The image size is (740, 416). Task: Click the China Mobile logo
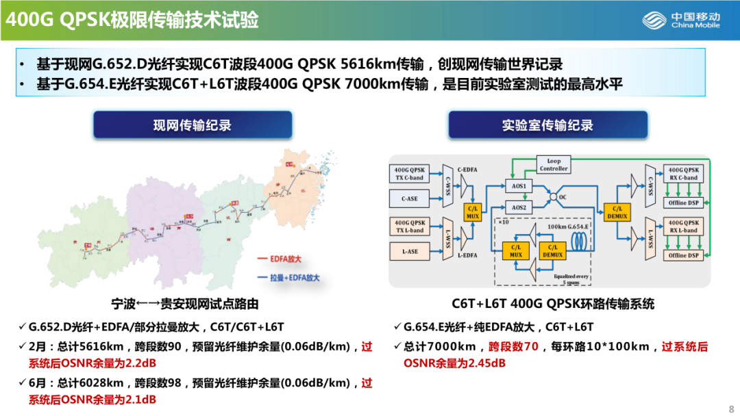pyautogui.click(x=681, y=21)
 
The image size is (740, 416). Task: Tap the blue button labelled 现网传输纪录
pyautogui.click(x=193, y=125)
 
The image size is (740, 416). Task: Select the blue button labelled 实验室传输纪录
pyautogui.click(x=547, y=125)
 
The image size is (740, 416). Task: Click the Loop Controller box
pyautogui.click(x=554, y=165)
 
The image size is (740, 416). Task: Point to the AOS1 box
pyautogui.click(x=519, y=186)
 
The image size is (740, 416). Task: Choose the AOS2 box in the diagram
pyautogui.click(x=519, y=207)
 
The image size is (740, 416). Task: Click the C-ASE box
pyautogui.click(x=410, y=199)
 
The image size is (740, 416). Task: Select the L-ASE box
pyautogui.click(x=410, y=252)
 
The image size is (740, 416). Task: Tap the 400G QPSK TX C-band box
pyautogui.click(x=410, y=173)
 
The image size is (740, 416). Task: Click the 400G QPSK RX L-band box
pyautogui.click(x=683, y=226)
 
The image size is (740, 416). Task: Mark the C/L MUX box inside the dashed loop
pyautogui.click(x=516, y=250)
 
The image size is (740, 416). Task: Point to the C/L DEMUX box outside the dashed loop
pyautogui.click(x=617, y=211)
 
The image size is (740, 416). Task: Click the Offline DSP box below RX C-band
pyautogui.click(x=683, y=203)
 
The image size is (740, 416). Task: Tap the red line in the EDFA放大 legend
pyautogui.click(x=262, y=259)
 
